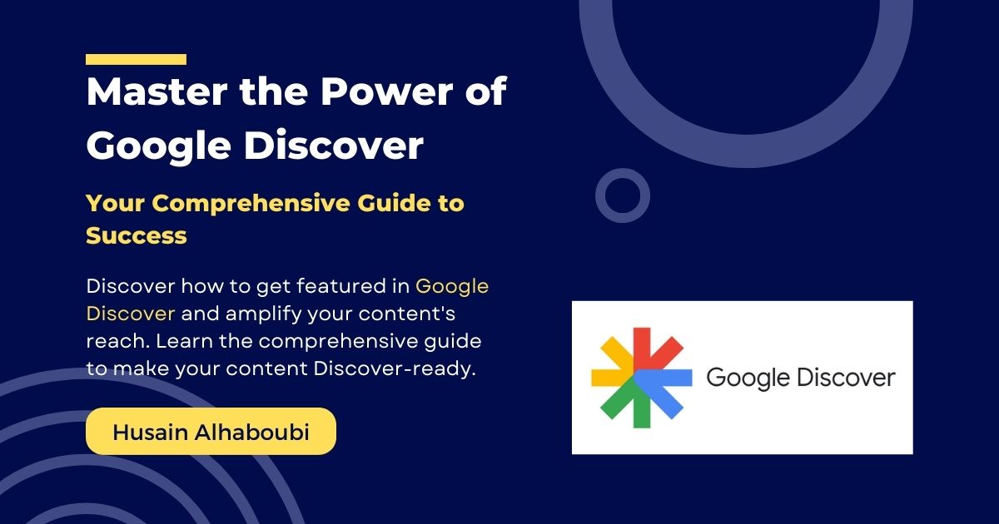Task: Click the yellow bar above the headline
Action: coord(136,59)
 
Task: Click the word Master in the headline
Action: coord(157,91)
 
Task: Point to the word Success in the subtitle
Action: coord(136,235)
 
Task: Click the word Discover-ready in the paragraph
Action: coord(395,369)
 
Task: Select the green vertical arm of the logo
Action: coord(642,407)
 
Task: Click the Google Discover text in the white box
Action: coord(801,378)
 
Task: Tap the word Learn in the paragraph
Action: coord(183,342)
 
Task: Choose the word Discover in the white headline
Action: coord(334,146)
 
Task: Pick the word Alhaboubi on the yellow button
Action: coord(252,432)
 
